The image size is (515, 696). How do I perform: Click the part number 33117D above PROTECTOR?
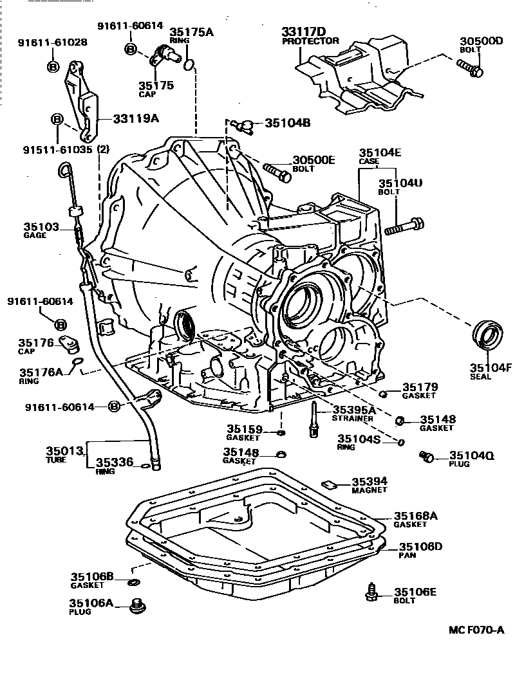point(304,31)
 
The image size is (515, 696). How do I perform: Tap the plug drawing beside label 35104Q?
point(426,457)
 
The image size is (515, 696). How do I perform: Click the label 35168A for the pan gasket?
point(416,515)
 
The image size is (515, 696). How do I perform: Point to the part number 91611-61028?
point(53,42)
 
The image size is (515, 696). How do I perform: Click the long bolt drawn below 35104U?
point(404,227)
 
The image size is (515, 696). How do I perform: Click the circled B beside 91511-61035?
point(57,119)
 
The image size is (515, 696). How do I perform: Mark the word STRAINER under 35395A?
point(352,419)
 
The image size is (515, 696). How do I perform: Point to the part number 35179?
point(420,387)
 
